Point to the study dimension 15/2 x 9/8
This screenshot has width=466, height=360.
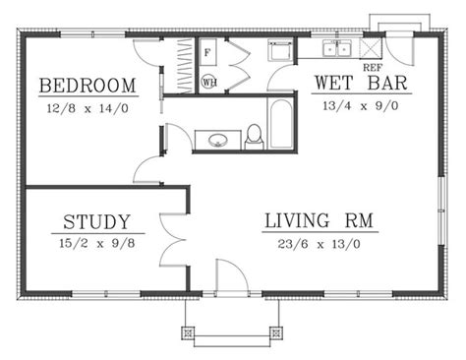point(97,241)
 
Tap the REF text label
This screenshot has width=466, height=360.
point(373,67)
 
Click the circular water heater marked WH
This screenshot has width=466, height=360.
point(209,83)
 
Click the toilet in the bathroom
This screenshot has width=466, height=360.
point(254,136)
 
